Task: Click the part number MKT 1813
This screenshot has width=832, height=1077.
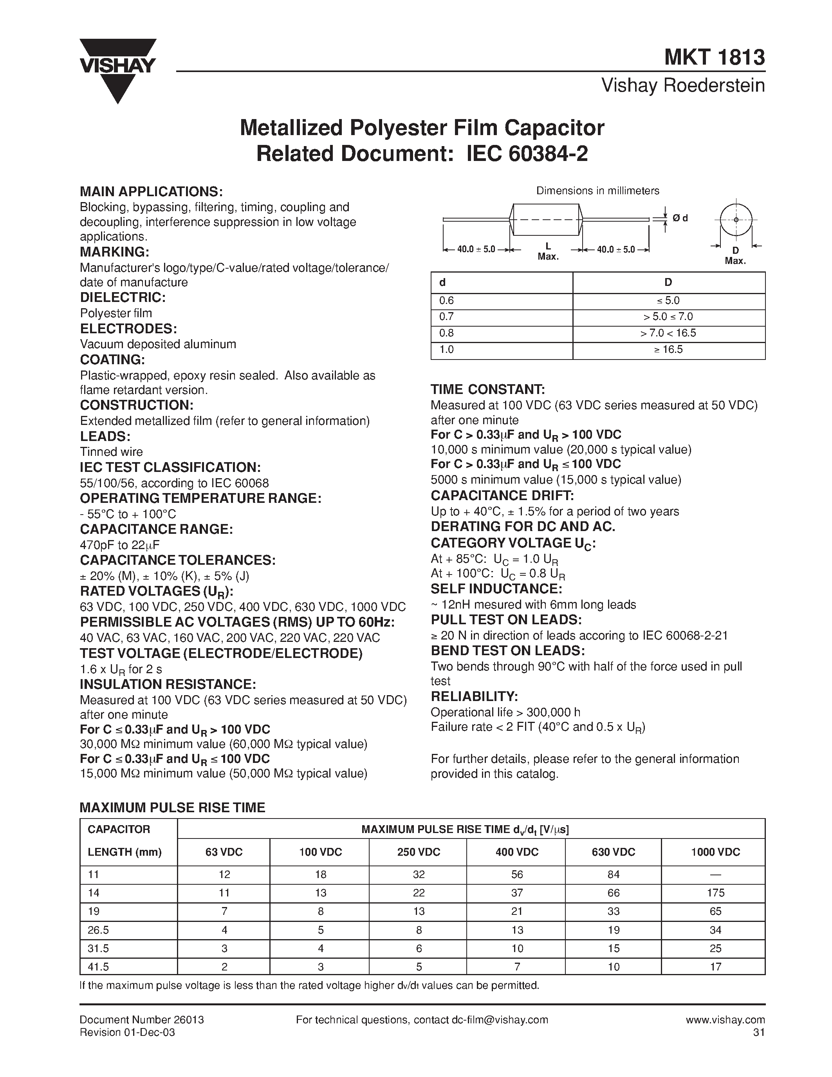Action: (714, 57)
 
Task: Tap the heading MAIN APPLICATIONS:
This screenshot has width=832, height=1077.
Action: (151, 192)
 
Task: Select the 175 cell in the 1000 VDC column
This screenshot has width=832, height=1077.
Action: (715, 893)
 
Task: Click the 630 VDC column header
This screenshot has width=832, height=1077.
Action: (613, 852)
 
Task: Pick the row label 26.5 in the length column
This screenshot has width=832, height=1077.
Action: (98, 930)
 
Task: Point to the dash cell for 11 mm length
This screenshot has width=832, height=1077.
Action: (715, 874)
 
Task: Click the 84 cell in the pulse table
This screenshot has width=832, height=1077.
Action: (613, 874)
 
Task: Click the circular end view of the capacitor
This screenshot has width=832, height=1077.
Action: (736, 219)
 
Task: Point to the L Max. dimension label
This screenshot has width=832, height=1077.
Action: (548, 251)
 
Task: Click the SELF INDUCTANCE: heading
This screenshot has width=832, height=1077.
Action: (496, 589)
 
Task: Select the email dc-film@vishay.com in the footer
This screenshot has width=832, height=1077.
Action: (499, 1020)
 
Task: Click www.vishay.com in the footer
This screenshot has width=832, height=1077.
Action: (725, 1020)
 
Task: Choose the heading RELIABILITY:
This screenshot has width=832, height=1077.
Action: (474, 696)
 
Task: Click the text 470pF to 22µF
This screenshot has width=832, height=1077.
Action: (120, 545)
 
